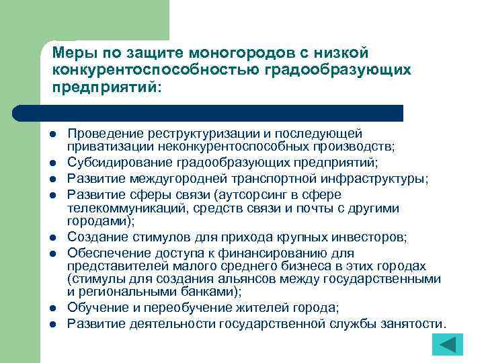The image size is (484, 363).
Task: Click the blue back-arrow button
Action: (446, 345)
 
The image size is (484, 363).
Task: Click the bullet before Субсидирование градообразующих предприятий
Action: (51, 164)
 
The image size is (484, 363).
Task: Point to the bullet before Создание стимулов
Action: (51, 239)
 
